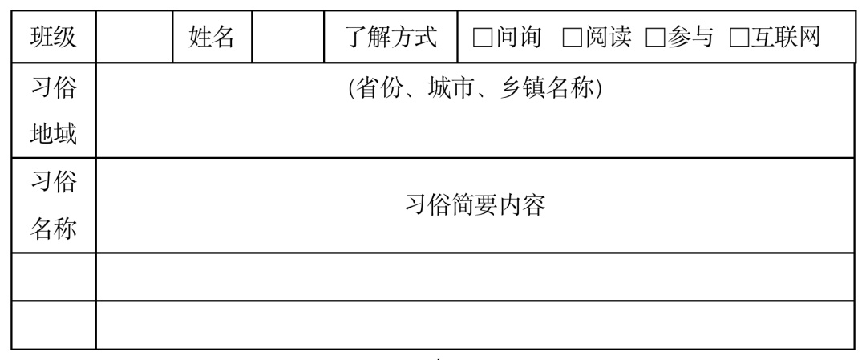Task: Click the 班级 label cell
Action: tap(54, 37)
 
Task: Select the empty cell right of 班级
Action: tap(134, 37)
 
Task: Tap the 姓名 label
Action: tap(212, 37)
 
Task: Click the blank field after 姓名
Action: tap(288, 37)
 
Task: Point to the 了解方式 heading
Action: tap(391, 37)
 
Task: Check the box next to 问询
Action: tap(482, 38)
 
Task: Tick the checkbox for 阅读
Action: tap(573, 38)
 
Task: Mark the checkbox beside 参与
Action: tap(655, 38)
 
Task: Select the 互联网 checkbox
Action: tap(739, 38)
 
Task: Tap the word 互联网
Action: tap(785, 38)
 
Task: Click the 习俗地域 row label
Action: tap(54, 111)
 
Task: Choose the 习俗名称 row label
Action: tap(54, 205)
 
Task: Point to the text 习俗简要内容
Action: tap(475, 205)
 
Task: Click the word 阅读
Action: tap(608, 38)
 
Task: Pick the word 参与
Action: tap(690, 38)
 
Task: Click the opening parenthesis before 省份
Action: tap(352, 89)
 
